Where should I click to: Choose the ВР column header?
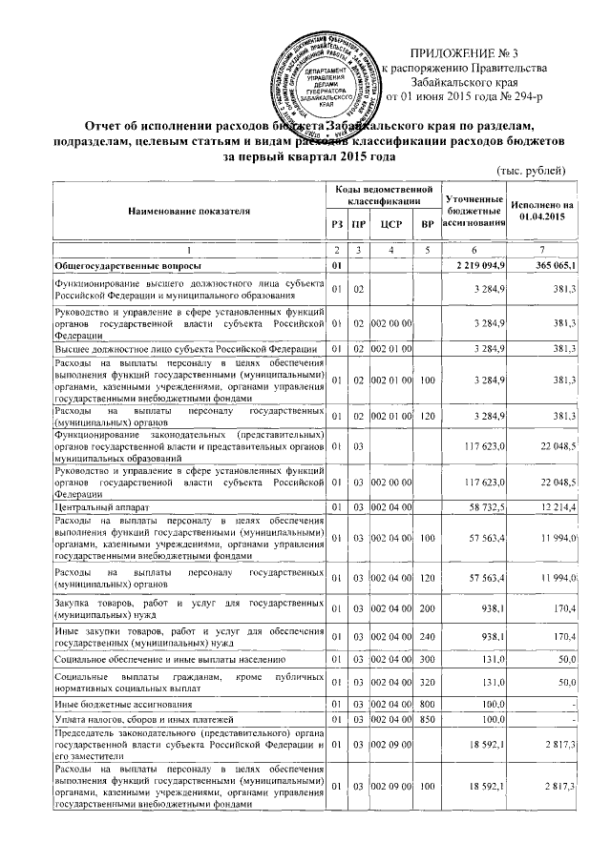coord(427,224)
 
